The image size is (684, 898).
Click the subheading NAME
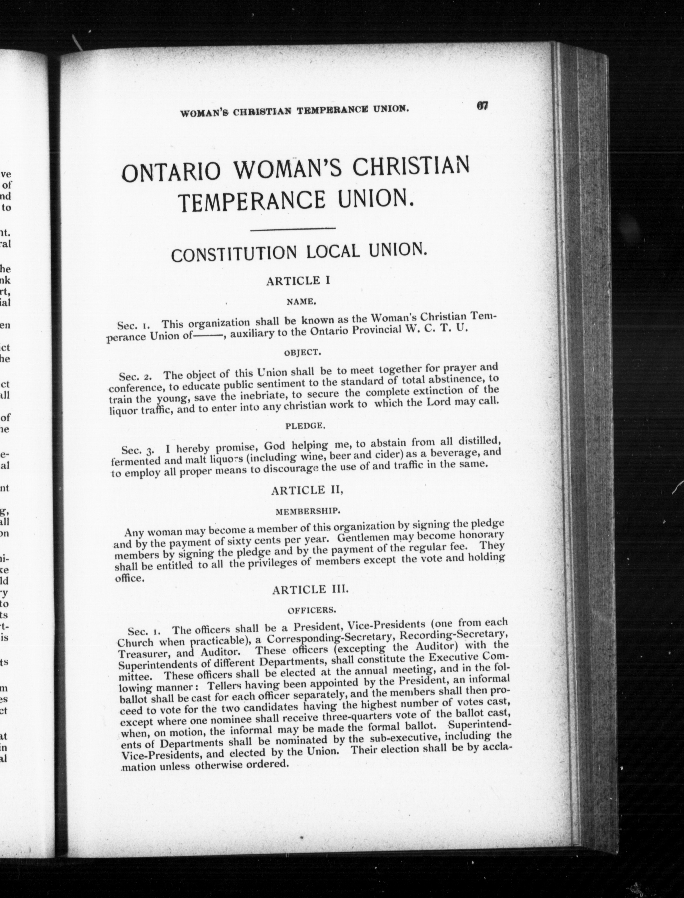coord(300,301)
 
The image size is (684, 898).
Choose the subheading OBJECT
coord(302,353)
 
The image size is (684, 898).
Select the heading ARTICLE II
coord(307,490)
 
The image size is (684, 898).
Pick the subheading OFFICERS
coord(312,610)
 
